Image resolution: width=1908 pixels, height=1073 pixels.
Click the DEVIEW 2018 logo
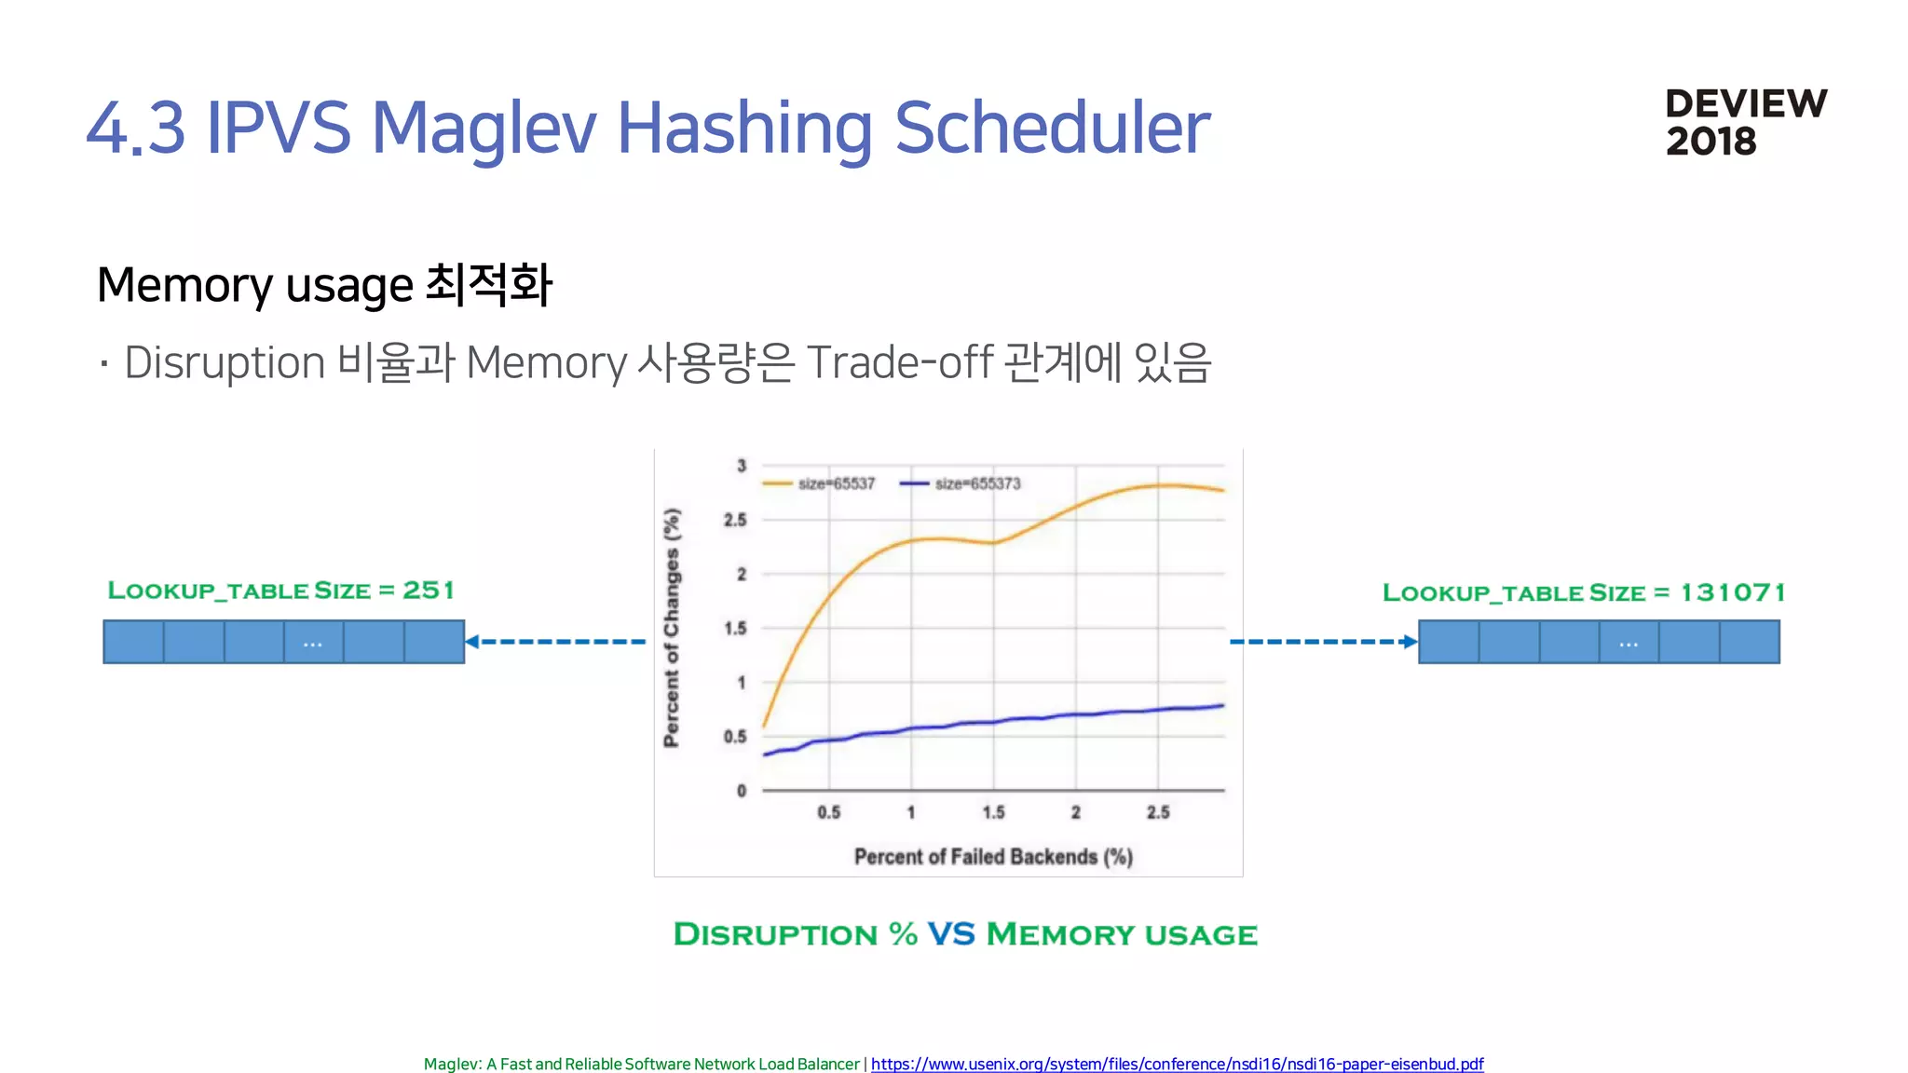tap(1745, 122)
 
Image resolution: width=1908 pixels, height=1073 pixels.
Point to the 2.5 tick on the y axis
tap(735, 520)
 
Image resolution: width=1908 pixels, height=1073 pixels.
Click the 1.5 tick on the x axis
tap(993, 812)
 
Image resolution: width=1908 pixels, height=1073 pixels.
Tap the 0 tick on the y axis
tap(742, 791)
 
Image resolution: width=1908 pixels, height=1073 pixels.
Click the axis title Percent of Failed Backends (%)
tap(993, 857)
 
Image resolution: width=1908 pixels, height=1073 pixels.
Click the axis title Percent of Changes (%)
tap(672, 628)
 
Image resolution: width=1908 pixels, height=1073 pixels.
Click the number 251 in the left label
tap(429, 591)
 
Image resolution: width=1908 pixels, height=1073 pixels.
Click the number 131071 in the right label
tap(1732, 592)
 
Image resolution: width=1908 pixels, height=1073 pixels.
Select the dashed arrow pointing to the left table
tap(556, 641)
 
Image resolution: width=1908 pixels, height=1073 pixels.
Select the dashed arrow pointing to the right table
tap(1323, 641)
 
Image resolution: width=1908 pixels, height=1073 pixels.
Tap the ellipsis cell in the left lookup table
tap(313, 643)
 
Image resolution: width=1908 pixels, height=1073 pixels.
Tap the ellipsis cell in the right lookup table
tap(1629, 643)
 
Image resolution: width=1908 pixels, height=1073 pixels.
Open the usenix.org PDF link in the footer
tap(1177, 1064)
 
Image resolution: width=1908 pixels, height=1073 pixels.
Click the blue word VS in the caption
tap(951, 934)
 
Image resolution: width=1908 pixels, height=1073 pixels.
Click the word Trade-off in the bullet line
tap(899, 362)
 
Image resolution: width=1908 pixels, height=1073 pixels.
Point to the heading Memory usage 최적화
tap(324, 285)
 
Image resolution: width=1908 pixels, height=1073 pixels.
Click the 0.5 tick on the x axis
tap(828, 812)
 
